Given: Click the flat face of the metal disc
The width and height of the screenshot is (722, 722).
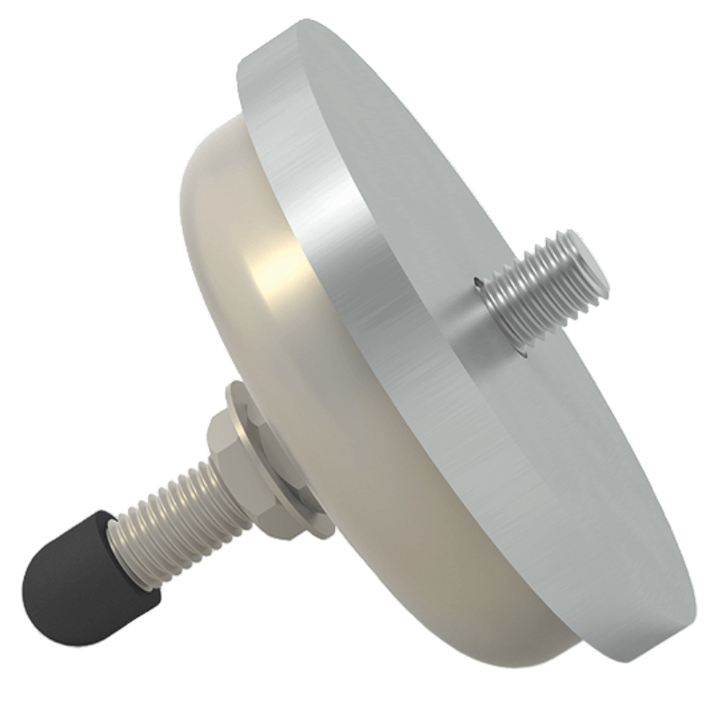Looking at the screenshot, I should tap(505, 180).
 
